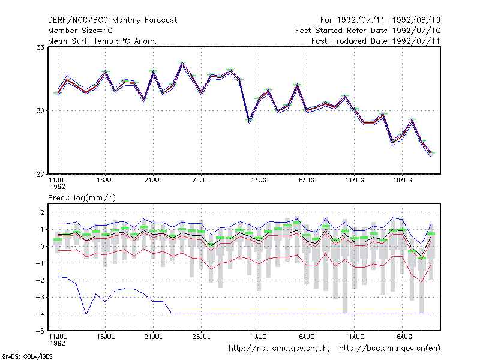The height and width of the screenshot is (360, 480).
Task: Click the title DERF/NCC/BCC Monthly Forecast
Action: pos(112,20)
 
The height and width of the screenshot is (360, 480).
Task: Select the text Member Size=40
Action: pos(80,31)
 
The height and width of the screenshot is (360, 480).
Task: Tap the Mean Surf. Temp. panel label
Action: pos(103,41)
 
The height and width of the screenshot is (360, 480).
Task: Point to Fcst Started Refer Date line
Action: pos(368,31)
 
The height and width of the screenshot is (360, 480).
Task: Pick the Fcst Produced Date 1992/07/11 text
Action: pos(376,41)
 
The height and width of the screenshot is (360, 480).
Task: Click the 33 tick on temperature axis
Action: pos(40,47)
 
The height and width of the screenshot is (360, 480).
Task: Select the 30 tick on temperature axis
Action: pos(40,110)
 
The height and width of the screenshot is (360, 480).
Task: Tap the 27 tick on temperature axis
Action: pos(40,174)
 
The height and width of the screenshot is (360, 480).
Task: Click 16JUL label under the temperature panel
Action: pos(106,181)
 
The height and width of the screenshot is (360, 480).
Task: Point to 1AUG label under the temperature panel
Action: pos(259,181)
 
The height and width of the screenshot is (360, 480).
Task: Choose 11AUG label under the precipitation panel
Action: pos(355,337)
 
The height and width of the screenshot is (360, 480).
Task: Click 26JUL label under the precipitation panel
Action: pos(201,337)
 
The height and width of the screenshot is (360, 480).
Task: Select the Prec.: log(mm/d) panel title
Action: pos(82,198)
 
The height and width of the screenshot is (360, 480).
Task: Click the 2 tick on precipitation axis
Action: pos(42,212)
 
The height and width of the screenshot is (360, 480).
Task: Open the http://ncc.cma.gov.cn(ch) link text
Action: pos(279,349)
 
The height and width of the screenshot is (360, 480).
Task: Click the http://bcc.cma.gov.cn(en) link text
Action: pos(389,349)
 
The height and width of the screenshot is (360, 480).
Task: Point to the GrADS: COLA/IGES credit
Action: pos(27,356)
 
